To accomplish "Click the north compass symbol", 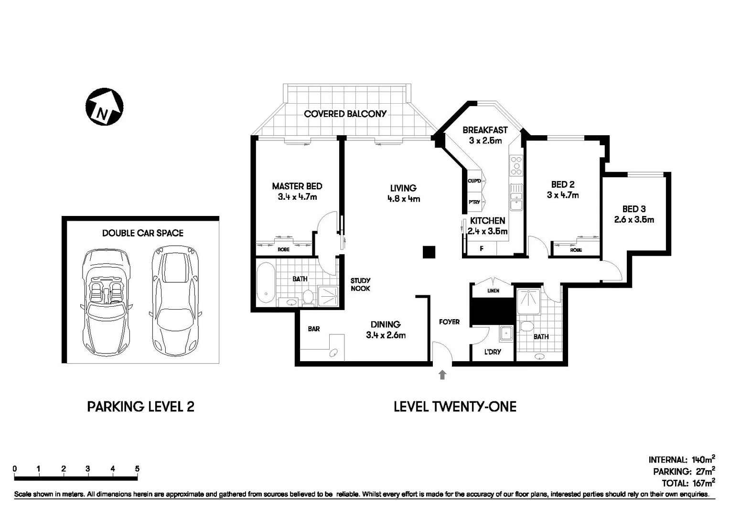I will click(x=104, y=107).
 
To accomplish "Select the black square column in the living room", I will click(x=429, y=252).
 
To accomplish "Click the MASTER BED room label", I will click(x=297, y=186).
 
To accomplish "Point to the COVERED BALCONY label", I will click(x=345, y=114).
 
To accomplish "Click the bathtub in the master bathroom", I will click(x=266, y=284).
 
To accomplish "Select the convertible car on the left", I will click(x=106, y=301).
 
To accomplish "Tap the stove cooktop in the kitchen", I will click(x=516, y=165).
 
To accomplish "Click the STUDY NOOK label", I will click(x=360, y=284).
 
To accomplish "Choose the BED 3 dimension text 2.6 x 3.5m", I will click(x=634, y=220).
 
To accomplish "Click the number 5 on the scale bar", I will click(x=137, y=469).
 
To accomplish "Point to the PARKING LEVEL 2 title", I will click(x=140, y=407).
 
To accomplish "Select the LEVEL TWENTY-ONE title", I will click(x=455, y=407).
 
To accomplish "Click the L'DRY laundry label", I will click(x=492, y=352).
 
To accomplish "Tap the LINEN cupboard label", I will click(x=493, y=290).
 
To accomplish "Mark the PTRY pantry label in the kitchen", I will click(x=474, y=202).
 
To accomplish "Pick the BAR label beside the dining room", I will click(x=314, y=329).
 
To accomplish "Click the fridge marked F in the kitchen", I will click(x=481, y=248).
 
